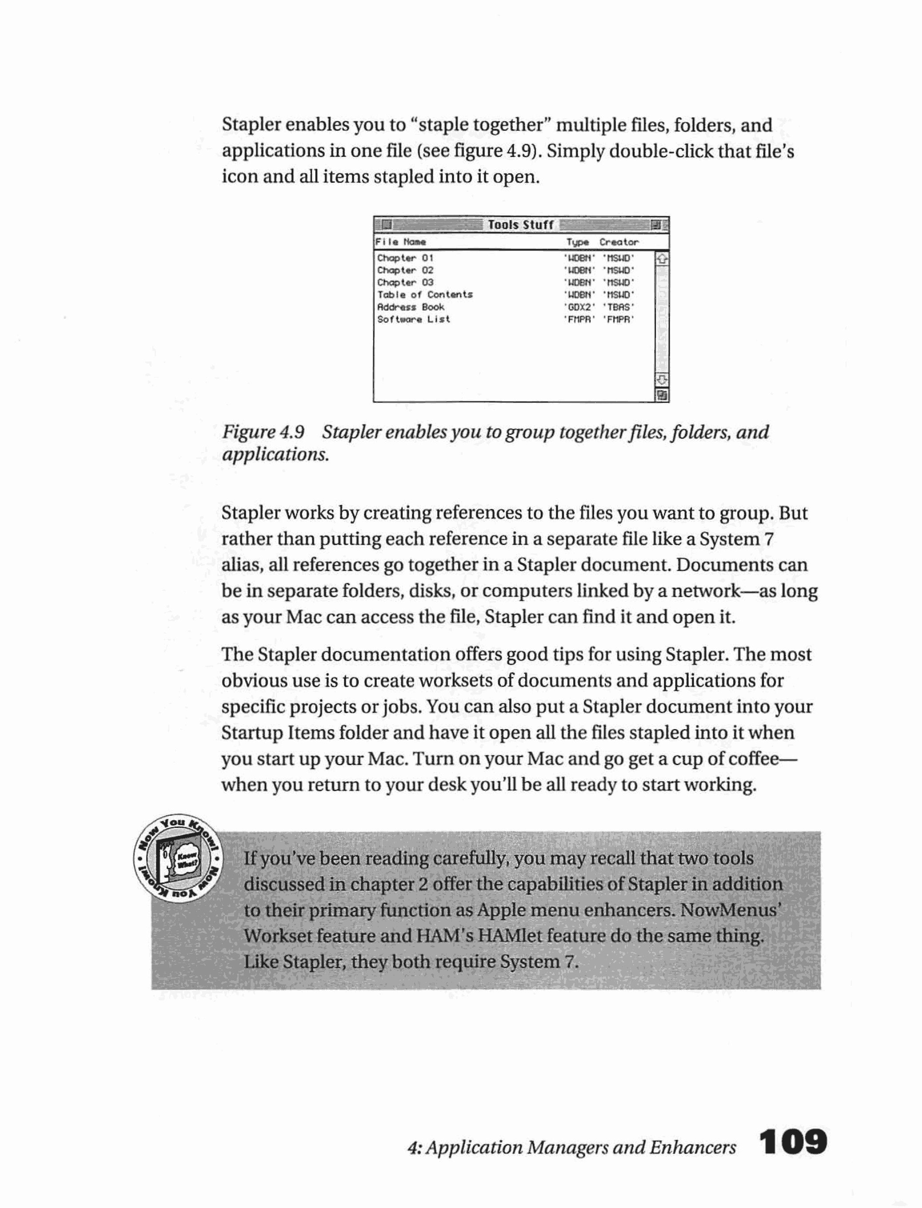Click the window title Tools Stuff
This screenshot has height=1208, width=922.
[x=520, y=225]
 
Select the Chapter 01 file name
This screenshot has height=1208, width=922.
[x=405, y=258]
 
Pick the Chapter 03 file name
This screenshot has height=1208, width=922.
[x=405, y=283]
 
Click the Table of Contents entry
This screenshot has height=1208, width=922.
[x=425, y=295]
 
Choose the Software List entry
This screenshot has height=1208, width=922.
[x=413, y=320]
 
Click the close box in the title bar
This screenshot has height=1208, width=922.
[x=387, y=225]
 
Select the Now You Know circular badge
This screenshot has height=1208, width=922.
[x=178, y=859]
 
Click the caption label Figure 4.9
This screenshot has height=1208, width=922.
[x=263, y=432]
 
